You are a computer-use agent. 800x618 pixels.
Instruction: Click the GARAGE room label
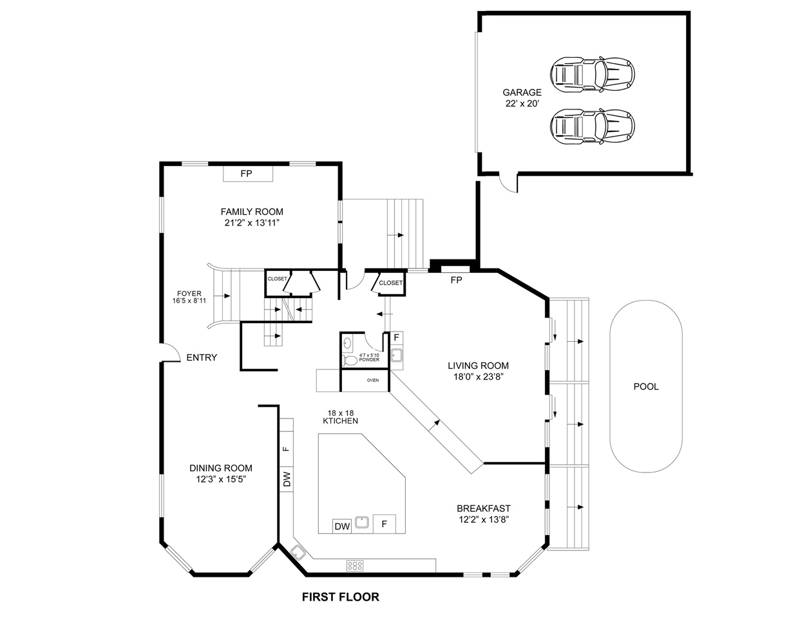pyautogui.click(x=522, y=92)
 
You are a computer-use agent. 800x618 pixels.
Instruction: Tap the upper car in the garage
pyautogui.click(x=592, y=74)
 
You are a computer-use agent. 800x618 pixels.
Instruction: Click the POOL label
pyautogui.click(x=646, y=386)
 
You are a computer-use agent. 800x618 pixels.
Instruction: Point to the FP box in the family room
pyautogui.click(x=248, y=173)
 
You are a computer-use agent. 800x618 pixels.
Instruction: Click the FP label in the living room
pyautogui.click(x=456, y=280)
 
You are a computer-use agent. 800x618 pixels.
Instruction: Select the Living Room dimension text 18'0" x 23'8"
pyautogui.click(x=478, y=377)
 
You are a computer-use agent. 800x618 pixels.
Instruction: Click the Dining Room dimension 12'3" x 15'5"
pyautogui.click(x=220, y=480)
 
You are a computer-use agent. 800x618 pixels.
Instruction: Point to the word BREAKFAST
pyautogui.click(x=483, y=509)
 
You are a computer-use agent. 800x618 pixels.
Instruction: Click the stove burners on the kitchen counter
pyautogui.click(x=355, y=565)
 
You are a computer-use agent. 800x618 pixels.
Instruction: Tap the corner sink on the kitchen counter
pyautogui.click(x=298, y=552)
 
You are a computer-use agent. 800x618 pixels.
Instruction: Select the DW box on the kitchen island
pyautogui.click(x=342, y=526)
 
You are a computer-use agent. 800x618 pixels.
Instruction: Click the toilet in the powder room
pyautogui.click(x=350, y=360)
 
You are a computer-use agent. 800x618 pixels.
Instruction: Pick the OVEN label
pyautogui.click(x=372, y=380)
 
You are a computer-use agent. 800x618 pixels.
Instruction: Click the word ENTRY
pyautogui.click(x=202, y=357)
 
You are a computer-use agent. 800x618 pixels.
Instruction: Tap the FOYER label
pyautogui.click(x=189, y=294)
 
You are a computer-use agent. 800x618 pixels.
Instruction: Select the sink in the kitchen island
pyautogui.click(x=362, y=523)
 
